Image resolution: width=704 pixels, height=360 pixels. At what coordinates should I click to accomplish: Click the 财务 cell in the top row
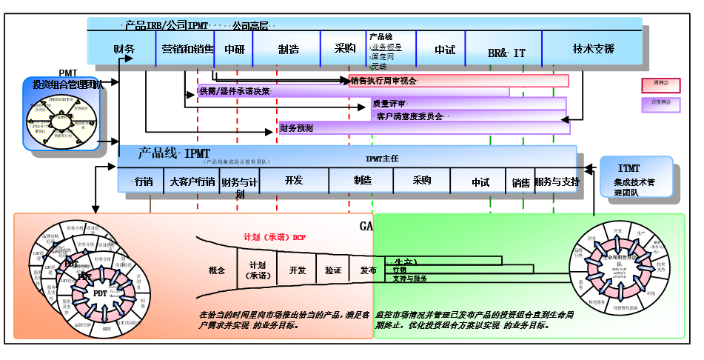pos(124,50)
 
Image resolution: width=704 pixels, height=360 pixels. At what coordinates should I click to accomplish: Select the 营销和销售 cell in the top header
pos(187,50)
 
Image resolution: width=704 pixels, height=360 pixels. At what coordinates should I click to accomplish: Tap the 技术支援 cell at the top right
pos(593,49)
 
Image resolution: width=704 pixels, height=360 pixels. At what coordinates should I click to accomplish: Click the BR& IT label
pos(506,53)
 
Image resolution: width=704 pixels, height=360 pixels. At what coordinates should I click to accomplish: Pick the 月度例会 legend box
pos(660,104)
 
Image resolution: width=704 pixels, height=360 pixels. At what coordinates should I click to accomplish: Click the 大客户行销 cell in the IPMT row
pos(192,181)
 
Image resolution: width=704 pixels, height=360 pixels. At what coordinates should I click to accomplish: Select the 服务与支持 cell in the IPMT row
pos(556,181)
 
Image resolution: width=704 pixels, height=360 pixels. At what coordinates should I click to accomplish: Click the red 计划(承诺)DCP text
pos(275,238)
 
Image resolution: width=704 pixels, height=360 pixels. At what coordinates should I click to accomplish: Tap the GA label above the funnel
pos(366,225)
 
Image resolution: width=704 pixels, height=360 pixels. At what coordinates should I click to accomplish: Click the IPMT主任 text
pos(381,159)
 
